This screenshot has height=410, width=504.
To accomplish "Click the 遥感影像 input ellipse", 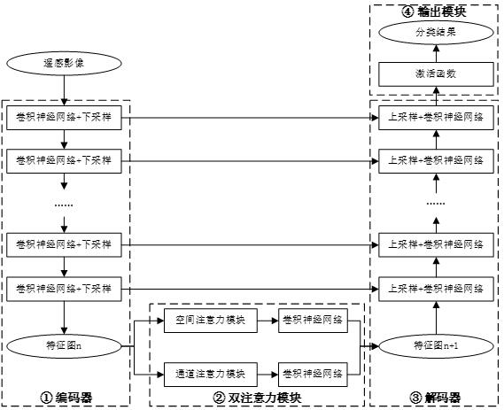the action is point(64,63).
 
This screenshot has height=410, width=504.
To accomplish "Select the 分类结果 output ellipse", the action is point(436,33).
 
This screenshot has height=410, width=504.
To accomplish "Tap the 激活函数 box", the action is point(436,74).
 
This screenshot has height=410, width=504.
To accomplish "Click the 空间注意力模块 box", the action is point(211,321).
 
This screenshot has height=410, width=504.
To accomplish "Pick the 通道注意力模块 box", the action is point(211,375).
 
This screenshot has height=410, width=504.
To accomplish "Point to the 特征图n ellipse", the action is point(64,346).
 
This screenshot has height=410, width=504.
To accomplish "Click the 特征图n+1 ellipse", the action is point(436,346).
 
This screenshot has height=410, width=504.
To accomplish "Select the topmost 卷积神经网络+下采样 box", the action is point(64,118).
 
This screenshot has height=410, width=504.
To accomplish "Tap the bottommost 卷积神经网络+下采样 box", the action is point(64,289).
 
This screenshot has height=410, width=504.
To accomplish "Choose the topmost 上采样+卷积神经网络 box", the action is point(436,118).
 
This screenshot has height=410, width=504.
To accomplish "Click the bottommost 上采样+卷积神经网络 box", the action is point(436,289).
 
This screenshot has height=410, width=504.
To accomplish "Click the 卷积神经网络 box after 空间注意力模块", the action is point(313,321).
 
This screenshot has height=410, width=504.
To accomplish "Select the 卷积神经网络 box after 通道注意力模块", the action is point(313,375).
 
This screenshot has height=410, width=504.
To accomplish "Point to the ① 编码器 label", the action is point(66,398).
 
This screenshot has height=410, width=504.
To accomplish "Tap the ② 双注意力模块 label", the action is point(257,398).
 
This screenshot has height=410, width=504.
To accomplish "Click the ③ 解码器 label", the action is point(435,398).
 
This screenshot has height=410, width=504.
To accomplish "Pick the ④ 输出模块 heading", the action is point(434,12).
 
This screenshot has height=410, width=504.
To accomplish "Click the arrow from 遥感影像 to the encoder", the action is point(64,90).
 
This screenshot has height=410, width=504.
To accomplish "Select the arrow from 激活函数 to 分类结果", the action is point(436,53).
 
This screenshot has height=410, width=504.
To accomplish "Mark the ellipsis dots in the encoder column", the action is point(64,205).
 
